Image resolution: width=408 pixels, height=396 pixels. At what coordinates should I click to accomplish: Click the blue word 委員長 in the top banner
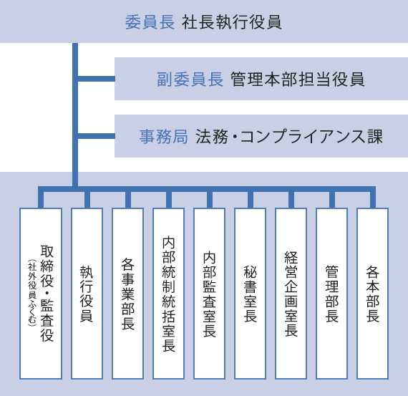point(150,22)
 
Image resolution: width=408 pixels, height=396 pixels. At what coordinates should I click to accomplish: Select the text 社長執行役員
point(232,22)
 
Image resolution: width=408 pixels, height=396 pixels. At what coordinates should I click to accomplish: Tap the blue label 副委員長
point(190,79)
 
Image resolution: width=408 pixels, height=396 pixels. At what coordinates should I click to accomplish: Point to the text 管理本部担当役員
point(298,79)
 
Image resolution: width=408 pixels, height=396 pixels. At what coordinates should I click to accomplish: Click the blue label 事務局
point(163,137)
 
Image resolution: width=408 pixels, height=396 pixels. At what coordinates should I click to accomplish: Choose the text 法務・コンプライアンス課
point(289,137)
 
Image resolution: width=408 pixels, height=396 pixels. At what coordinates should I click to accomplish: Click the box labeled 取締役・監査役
point(41,294)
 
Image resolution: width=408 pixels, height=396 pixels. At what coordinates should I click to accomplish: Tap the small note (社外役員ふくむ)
point(32,293)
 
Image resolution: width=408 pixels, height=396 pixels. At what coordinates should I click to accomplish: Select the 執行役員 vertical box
point(87,294)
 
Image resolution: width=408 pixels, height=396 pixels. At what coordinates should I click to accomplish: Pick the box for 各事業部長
point(127,294)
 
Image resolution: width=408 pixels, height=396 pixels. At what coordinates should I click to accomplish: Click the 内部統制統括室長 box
point(169,294)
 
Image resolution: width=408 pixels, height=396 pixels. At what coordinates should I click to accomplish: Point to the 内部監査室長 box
point(210,294)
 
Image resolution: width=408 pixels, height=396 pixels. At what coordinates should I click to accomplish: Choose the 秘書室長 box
point(251,294)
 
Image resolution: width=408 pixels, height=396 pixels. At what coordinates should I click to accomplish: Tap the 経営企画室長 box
point(291,294)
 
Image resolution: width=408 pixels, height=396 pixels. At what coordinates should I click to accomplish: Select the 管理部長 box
point(332,294)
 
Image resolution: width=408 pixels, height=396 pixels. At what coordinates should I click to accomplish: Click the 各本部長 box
point(373,294)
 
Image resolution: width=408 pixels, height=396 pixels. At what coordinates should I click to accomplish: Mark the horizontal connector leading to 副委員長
point(97,79)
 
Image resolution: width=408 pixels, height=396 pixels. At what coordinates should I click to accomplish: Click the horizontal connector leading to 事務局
point(97,136)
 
